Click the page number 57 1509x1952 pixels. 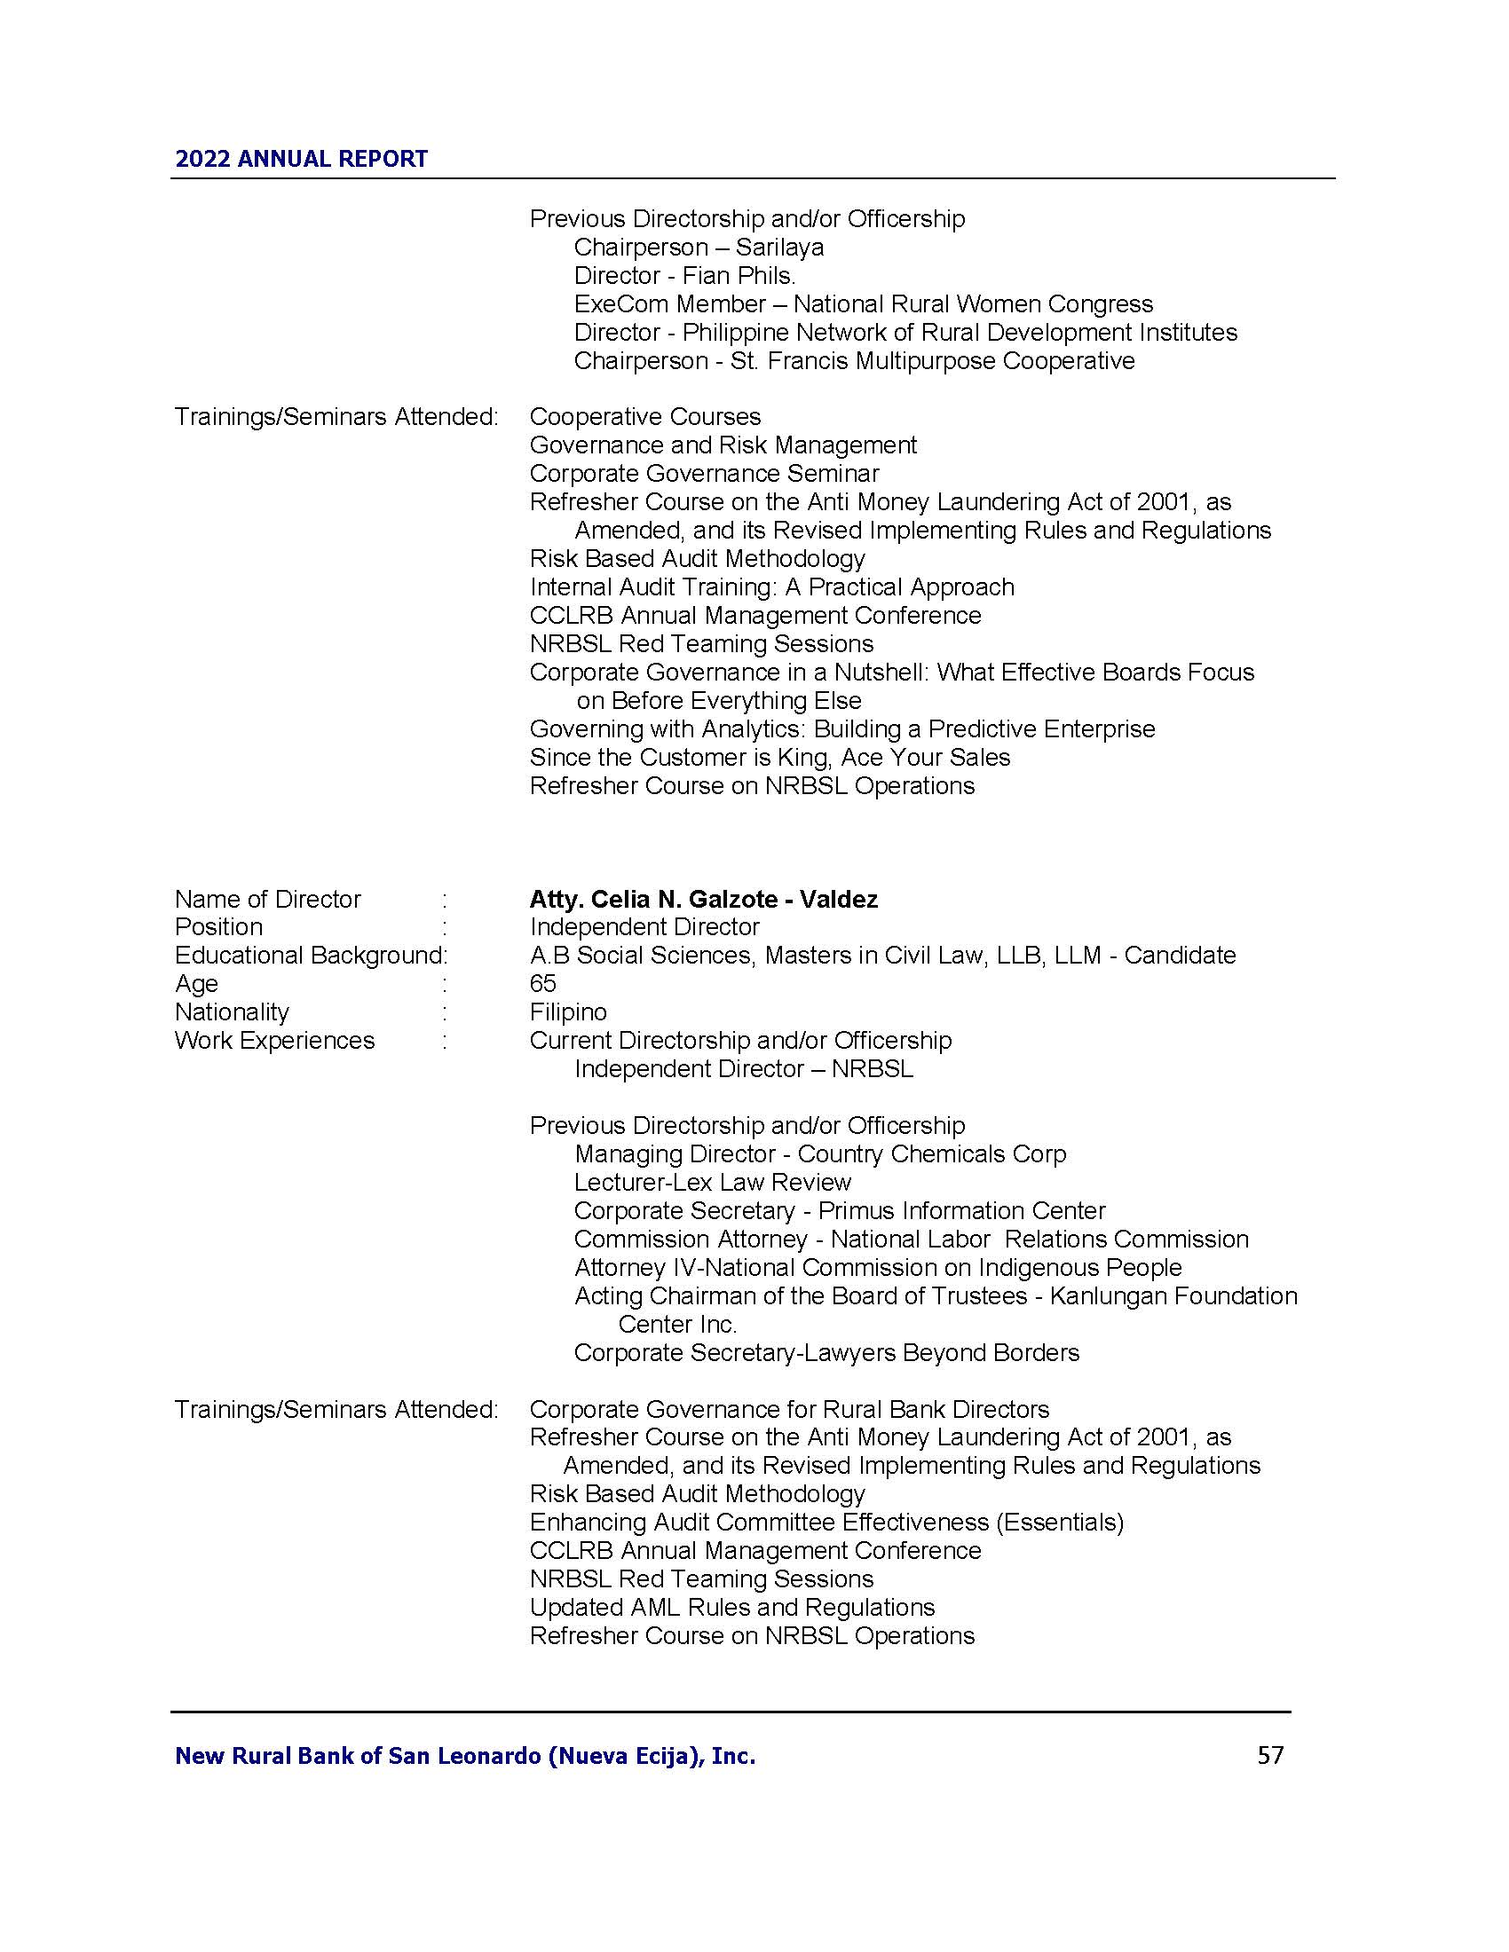click(1269, 1755)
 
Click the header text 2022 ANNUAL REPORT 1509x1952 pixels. click(301, 159)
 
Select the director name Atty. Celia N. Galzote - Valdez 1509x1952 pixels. click(703, 899)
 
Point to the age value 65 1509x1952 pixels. click(542, 984)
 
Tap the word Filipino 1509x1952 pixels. click(568, 1012)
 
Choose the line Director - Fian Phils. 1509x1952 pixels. click(683, 276)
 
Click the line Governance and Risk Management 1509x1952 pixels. click(723, 445)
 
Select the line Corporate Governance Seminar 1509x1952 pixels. click(704, 474)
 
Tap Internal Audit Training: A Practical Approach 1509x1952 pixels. click(771, 587)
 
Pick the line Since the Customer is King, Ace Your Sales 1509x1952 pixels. click(769, 758)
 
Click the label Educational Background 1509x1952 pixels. click(309, 956)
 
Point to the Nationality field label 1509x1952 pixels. click(232, 1012)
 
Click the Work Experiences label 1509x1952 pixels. click(274, 1042)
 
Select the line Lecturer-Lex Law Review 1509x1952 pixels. click(712, 1183)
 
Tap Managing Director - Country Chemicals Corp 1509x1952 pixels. click(820, 1153)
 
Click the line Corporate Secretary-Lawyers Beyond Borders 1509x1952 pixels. click(826, 1353)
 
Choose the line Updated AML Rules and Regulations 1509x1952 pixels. click(731, 1608)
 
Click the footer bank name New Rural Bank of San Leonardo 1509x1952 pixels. click(465, 1756)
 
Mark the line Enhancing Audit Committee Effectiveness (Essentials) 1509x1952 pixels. click(826, 1522)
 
